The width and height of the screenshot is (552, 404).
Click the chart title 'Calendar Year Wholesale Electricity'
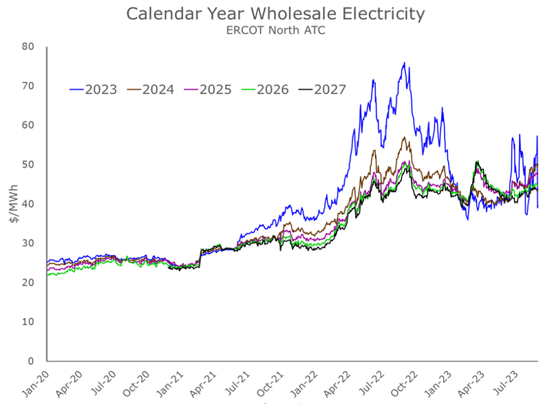275,14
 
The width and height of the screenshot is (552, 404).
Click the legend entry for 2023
94,89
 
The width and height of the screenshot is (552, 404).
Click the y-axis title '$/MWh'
13,204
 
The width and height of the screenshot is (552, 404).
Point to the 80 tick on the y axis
28,47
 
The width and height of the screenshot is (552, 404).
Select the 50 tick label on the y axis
28,165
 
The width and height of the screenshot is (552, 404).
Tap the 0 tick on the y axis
31,361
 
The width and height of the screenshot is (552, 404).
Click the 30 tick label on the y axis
28,243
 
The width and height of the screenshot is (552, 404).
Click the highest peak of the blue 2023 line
404,63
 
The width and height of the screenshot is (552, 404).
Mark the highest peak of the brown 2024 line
405,137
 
